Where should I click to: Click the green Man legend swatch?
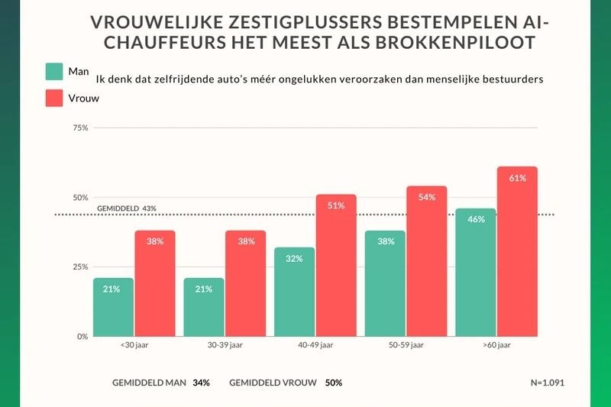pyautogui.click(x=55, y=72)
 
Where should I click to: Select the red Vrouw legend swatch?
pyautogui.click(x=55, y=98)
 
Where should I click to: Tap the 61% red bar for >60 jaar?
pyautogui.click(x=517, y=251)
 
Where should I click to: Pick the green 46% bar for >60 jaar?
pyautogui.click(x=475, y=273)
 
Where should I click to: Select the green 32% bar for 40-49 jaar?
pyautogui.click(x=294, y=292)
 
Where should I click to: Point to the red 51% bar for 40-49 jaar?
pyautogui.click(x=336, y=265)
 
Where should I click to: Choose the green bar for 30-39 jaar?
pyautogui.click(x=204, y=307)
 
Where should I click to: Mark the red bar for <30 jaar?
pyautogui.click(x=155, y=283)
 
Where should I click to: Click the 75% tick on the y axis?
pyautogui.click(x=79, y=128)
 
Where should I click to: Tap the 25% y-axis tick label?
pyautogui.click(x=79, y=266)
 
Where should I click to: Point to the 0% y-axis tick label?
pyautogui.click(x=82, y=336)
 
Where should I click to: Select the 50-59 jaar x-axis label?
pyautogui.click(x=406, y=346)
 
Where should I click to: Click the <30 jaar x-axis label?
pyautogui.click(x=134, y=346)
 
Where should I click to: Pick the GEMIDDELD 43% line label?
pyautogui.click(x=127, y=208)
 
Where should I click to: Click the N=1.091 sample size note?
pyautogui.click(x=548, y=382)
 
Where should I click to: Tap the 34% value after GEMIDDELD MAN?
pyautogui.click(x=202, y=382)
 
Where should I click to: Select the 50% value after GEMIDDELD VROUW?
pyautogui.click(x=333, y=382)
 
